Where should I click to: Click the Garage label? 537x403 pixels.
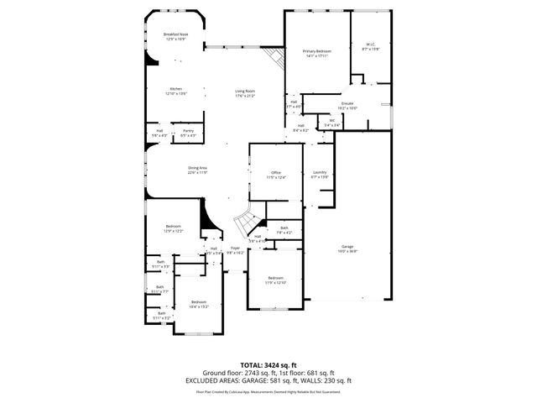tap(347, 249)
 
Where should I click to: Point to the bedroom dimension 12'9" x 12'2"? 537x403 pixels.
tap(174, 231)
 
